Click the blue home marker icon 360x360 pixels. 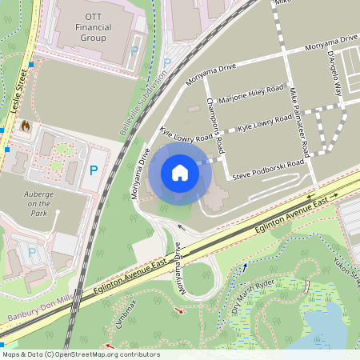coord(180,173)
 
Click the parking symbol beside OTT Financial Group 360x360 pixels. coord(134,50)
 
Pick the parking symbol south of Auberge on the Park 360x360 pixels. coord(32,252)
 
